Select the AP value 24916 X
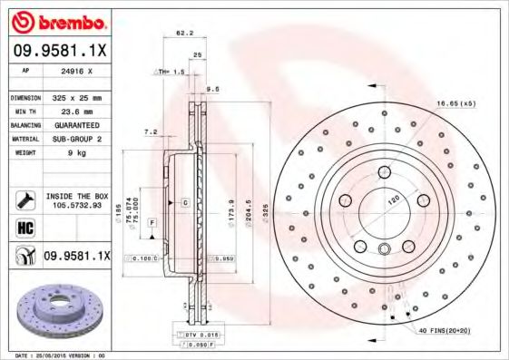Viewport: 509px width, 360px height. [75, 69]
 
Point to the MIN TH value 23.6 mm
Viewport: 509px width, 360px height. [74, 111]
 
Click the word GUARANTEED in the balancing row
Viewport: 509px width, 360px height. [74, 124]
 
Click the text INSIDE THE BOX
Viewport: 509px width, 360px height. [76, 195]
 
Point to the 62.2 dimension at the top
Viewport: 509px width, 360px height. [185, 33]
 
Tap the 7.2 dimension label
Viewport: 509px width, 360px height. [152, 132]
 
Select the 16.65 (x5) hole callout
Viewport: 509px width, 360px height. [455, 104]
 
